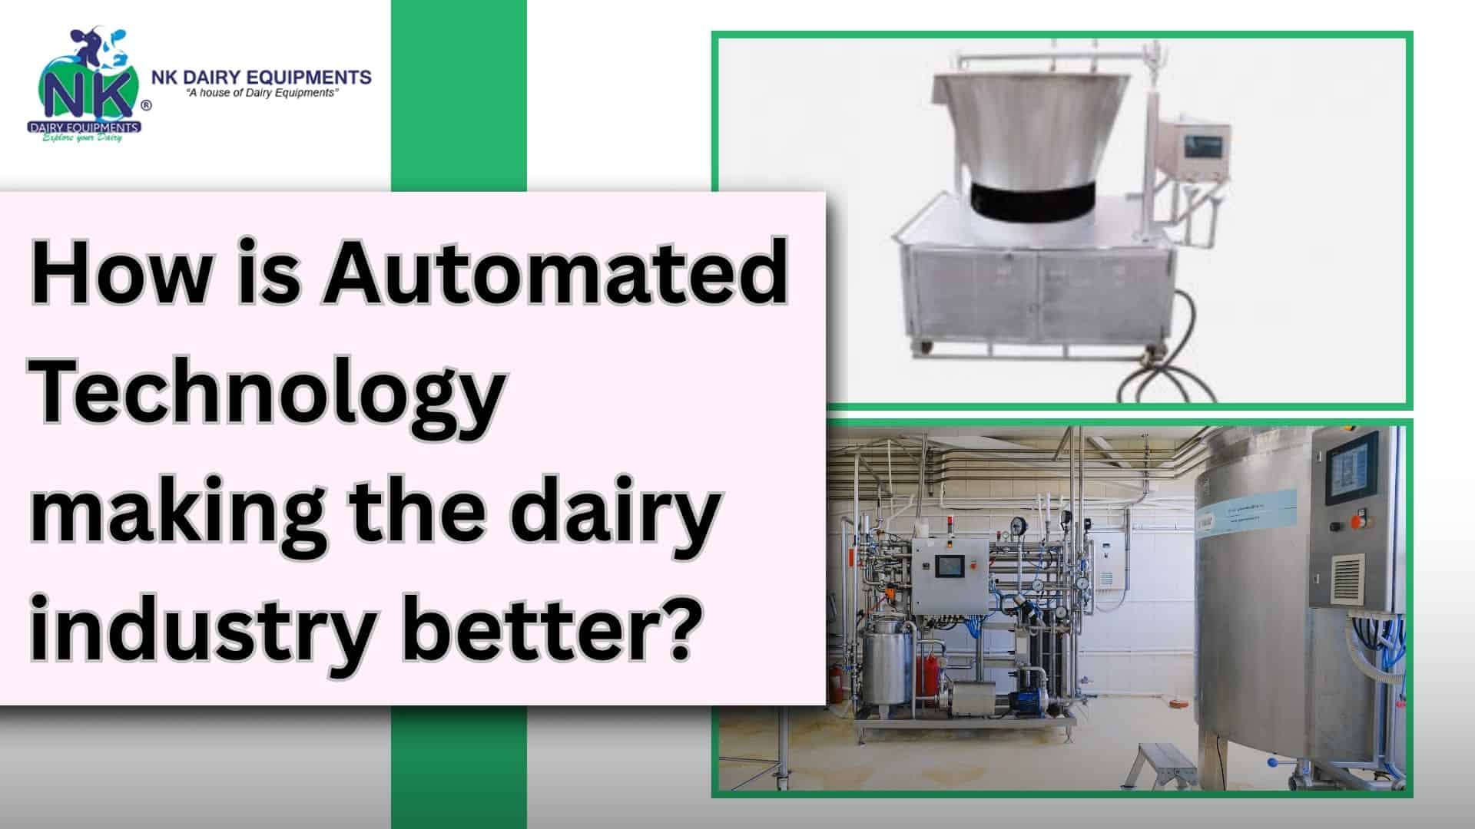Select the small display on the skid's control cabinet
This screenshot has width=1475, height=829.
tap(946, 566)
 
